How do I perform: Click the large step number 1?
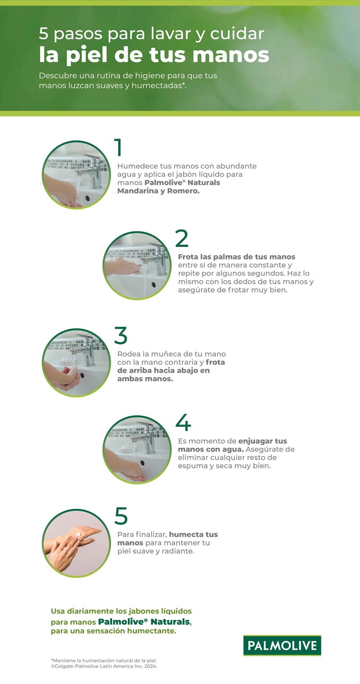point(118,148)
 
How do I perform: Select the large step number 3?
point(121,335)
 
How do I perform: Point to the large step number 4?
point(183,422)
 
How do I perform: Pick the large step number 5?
point(121,516)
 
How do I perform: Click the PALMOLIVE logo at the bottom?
point(282,646)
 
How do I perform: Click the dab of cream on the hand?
point(79,534)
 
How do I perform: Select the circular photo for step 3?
point(76,362)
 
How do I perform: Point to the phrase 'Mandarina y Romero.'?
point(158,191)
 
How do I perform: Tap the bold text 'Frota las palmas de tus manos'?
point(236,257)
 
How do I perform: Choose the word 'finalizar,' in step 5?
point(150,534)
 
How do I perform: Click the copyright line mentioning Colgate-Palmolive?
point(104,666)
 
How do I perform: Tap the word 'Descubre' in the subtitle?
point(56,76)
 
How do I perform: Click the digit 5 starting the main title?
point(43,34)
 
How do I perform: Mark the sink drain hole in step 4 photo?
point(142,463)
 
